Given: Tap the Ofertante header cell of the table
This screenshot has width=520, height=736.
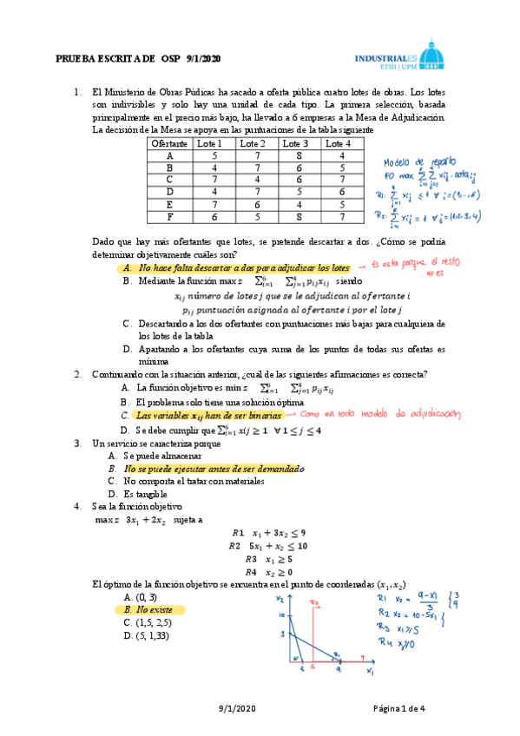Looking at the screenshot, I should click(170, 143).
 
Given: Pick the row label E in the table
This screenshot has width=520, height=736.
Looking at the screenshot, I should click(170, 205).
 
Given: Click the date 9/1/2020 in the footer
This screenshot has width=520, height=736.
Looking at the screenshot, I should click(237, 709).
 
